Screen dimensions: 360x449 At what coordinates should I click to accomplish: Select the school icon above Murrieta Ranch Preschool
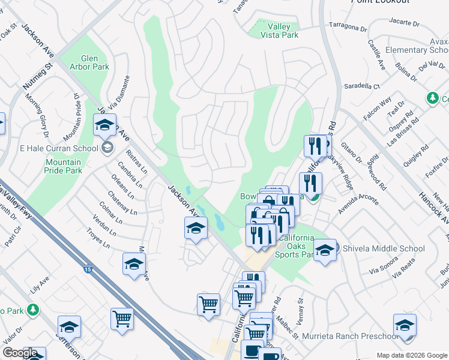coord(405,325)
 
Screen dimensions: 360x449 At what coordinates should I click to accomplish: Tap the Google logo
coord(19,353)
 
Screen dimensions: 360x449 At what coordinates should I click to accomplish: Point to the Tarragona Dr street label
coord(348,28)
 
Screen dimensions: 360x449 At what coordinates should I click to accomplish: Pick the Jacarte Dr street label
coord(405,23)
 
